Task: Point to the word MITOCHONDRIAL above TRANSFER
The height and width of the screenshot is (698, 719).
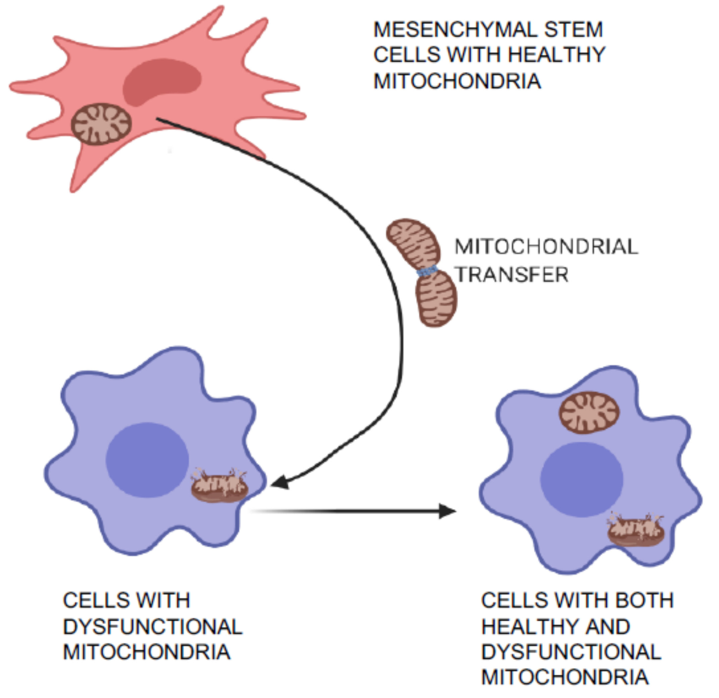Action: (547, 247)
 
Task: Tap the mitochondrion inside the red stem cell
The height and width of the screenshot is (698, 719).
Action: (101, 124)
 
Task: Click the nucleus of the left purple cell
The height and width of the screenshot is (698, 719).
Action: (147, 460)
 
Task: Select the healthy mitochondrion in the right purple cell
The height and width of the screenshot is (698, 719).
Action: (589, 413)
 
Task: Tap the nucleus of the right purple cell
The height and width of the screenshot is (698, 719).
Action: (582, 480)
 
